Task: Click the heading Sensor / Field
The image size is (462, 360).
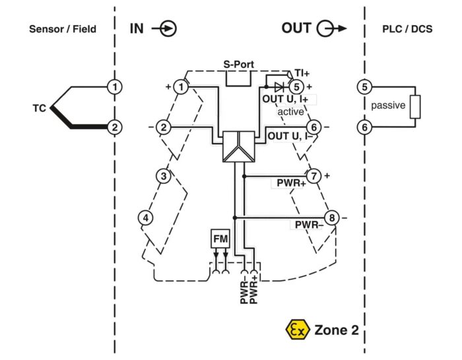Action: point(63,29)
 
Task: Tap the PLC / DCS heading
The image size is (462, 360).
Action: point(407,29)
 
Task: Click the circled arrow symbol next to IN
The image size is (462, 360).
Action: point(164,29)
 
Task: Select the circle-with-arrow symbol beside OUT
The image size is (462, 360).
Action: point(331,28)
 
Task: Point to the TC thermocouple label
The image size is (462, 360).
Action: point(39,108)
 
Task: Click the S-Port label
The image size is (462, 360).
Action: point(238,65)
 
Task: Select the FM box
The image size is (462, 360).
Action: point(220,239)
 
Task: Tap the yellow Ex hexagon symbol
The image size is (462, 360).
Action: point(298,330)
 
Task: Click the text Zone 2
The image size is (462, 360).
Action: point(337,330)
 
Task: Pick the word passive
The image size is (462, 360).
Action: point(388,105)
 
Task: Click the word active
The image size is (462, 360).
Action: point(290,112)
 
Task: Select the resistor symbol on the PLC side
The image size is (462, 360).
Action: point(415,107)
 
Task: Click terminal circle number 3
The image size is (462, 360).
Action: point(164,176)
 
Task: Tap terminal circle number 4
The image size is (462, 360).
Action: point(146,218)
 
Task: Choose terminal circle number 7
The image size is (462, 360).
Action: point(313,176)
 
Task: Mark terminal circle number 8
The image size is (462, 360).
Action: point(332,218)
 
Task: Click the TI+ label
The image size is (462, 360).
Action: point(302,73)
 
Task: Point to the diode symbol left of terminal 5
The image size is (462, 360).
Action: point(279,87)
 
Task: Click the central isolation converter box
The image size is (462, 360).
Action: point(239,146)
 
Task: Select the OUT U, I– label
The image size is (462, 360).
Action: point(290,136)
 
